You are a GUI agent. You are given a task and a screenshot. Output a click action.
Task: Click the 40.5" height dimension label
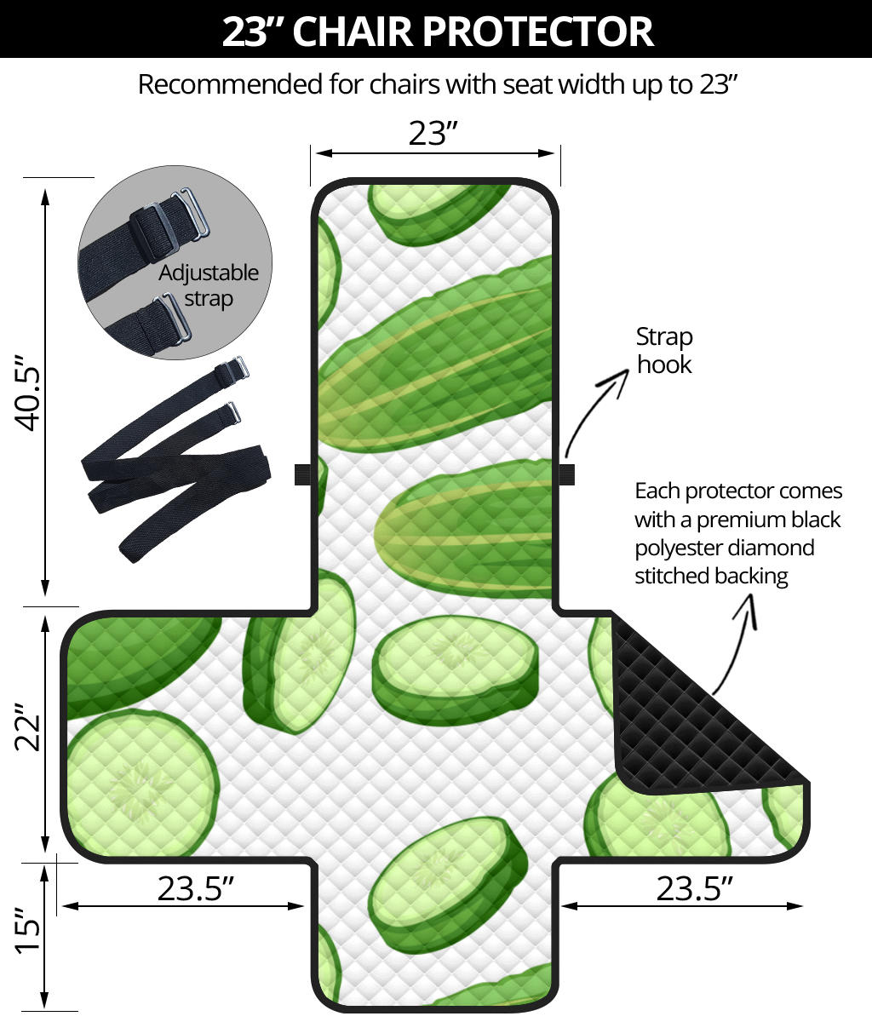(x=27, y=393)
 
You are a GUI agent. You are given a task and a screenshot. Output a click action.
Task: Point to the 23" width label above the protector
(x=433, y=133)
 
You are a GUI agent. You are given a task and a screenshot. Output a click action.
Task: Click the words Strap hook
(x=664, y=351)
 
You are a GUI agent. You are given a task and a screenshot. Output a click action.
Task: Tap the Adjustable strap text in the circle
(x=209, y=286)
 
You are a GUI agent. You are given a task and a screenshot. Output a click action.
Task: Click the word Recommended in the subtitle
(x=230, y=84)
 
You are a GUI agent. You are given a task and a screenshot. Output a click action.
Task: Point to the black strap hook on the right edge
(x=567, y=474)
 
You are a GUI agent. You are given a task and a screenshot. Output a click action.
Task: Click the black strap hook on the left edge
(x=302, y=474)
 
